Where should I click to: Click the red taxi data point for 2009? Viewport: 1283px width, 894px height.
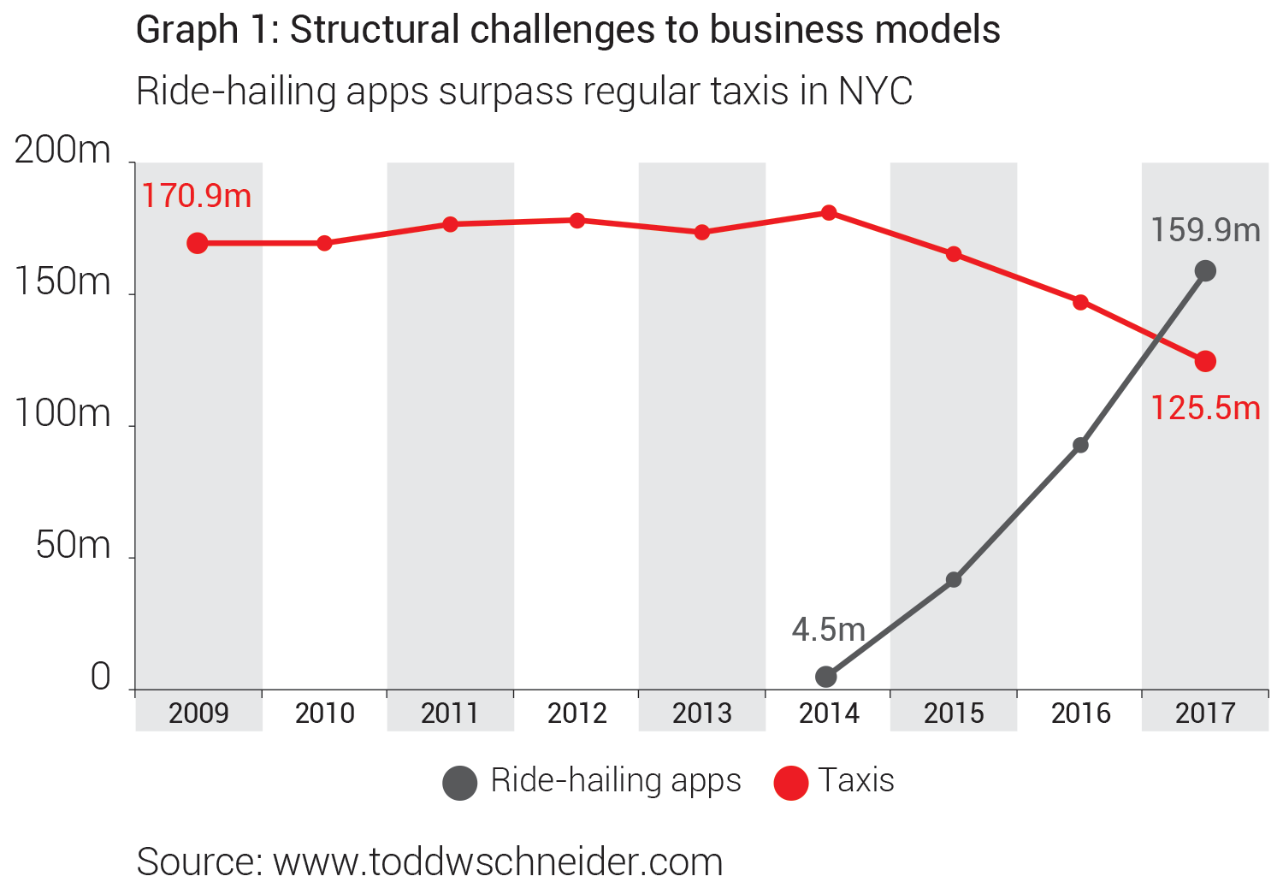198,243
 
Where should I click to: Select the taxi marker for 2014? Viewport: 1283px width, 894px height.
828,212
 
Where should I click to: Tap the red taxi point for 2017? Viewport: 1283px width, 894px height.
1204,361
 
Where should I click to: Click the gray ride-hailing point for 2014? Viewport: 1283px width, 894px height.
826,677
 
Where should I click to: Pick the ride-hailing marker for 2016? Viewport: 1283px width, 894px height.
1080,445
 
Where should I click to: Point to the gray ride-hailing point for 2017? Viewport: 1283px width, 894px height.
1204,271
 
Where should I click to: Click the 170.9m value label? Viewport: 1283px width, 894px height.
197,196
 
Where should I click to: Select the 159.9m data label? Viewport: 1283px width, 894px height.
1205,230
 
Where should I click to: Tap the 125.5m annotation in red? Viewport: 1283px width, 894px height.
1205,408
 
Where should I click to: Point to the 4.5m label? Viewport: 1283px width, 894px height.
828,630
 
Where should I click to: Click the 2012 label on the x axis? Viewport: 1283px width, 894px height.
576,713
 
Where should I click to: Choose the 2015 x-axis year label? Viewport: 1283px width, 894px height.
954,713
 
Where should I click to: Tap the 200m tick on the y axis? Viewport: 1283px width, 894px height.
63,151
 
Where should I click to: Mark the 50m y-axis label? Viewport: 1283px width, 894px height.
74,546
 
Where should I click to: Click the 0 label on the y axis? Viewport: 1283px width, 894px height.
101,678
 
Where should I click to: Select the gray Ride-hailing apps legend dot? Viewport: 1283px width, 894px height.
459,783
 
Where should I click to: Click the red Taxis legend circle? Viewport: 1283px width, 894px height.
790,783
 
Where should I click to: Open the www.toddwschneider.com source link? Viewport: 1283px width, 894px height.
498,861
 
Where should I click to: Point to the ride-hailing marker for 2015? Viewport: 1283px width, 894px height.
954,579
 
